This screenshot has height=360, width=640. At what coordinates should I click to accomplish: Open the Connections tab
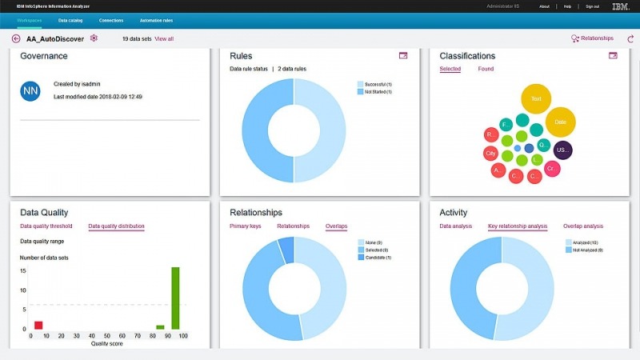click(111, 19)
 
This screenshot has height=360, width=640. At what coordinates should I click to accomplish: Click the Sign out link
click(592, 6)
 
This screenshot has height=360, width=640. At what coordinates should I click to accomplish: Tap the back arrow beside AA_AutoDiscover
click(16, 38)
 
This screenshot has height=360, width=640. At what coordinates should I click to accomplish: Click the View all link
click(164, 38)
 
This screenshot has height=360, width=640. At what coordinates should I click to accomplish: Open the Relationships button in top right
click(592, 38)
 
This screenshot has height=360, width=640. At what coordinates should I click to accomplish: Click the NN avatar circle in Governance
click(30, 90)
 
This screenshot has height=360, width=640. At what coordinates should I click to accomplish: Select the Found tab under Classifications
click(486, 69)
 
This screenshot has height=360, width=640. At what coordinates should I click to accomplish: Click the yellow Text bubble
click(536, 99)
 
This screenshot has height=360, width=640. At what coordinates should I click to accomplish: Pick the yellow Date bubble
click(560, 122)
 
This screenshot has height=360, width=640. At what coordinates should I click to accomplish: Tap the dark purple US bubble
click(562, 150)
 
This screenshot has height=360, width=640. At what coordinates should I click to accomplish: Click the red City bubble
click(491, 153)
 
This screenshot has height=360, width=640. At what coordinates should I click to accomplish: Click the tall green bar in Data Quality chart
click(175, 298)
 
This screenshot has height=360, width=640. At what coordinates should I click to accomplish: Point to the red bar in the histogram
click(38, 325)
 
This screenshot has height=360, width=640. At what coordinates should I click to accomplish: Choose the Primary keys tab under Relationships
click(246, 226)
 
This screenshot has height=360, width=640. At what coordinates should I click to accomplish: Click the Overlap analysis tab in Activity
click(583, 226)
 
